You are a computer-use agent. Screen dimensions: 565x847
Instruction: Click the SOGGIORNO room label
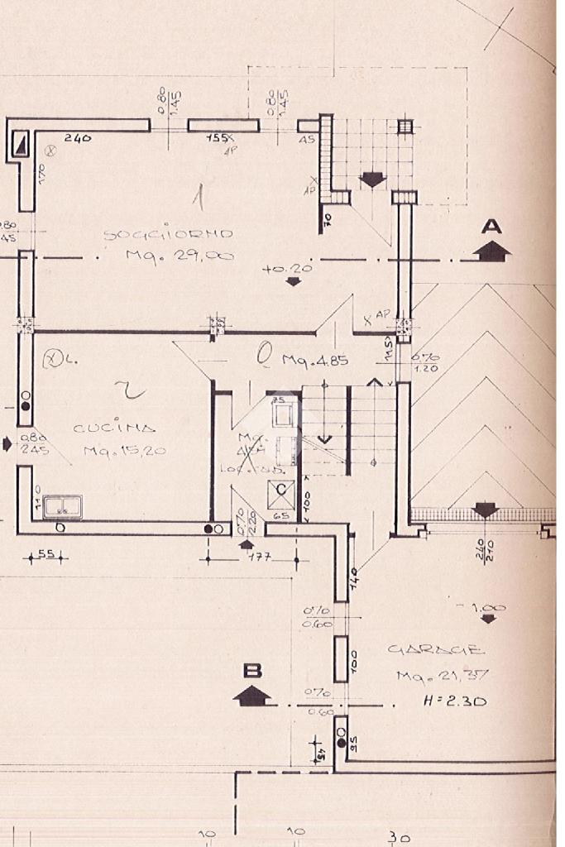pyautogui.click(x=167, y=234)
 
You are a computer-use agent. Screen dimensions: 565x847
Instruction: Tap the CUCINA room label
pyautogui.click(x=114, y=428)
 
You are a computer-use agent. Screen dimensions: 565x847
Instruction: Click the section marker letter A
pyautogui.click(x=492, y=225)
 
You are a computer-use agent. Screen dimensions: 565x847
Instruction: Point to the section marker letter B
pyautogui.click(x=251, y=669)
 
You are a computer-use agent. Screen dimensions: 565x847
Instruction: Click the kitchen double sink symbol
pyautogui.click(x=62, y=506)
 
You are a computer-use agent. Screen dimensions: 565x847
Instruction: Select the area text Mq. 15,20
pyautogui.click(x=124, y=451)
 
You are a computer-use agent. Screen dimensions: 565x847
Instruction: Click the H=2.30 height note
pyautogui.click(x=454, y=701)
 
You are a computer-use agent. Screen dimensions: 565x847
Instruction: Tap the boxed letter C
pyautogui.click(x=281, y=490)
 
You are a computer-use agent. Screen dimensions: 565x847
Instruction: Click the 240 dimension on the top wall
pyautogui.click(x=78, y=138)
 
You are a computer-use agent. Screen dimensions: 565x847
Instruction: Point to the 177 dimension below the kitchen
pyautogui.click(x=262, y=558)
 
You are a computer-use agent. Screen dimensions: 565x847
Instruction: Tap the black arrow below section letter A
pyautogui.click(x=492, y=250)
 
